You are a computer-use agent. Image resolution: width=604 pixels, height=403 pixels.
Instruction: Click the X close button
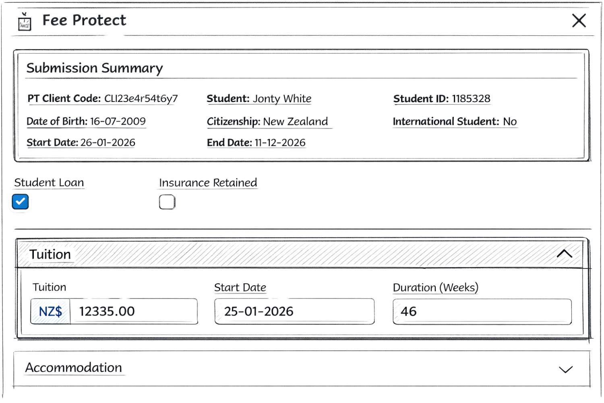coord(579,20)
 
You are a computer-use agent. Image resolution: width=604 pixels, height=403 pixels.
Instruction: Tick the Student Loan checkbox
coord(21,201)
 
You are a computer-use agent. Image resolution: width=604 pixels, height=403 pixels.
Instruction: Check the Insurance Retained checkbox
coord(167,202)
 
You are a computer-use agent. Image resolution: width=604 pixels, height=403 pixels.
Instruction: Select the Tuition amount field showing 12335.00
coord(133,311)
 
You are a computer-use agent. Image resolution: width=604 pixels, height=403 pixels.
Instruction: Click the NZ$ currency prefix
coord(51,311)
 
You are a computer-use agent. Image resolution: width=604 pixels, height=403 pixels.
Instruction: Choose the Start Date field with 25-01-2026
coord(294,311)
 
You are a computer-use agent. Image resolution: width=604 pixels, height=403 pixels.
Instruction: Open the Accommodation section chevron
coord(566,369)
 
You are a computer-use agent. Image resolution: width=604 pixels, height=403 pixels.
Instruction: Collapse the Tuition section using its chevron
coord(567,254)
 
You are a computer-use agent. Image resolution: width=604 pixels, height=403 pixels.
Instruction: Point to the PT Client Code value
coord(141,99)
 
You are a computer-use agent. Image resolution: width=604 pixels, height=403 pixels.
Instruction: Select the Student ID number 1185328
coord(471,99)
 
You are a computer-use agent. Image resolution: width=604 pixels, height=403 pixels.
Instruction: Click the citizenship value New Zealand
coord(296,122)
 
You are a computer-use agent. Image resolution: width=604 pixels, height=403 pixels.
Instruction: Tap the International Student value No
coord(510,122)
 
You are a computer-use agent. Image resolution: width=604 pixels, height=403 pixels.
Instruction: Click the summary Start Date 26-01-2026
coord(108,143)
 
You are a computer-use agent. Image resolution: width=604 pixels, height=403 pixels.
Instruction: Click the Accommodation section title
coord(74,368)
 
